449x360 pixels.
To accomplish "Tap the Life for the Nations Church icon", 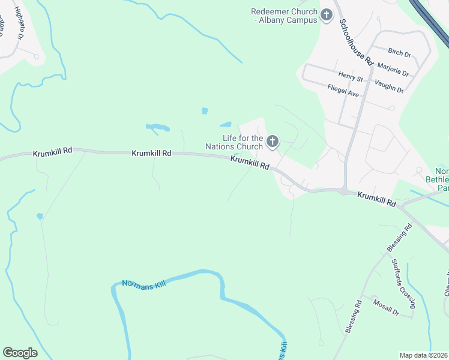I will (x=273, y=142).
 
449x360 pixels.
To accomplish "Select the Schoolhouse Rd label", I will (x=357, y=42).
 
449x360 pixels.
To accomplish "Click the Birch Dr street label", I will (x=400, y=53).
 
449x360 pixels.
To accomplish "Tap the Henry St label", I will (x=351, y=77).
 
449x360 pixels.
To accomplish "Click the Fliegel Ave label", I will (x=343, y=91).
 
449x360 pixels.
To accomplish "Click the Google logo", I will (x=20, y=353).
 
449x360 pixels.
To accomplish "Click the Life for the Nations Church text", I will (x=234, y=142).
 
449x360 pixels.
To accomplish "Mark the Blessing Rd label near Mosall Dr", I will (x=354, y=317).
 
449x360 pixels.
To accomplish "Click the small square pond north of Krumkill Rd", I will (x=205, y=111).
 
